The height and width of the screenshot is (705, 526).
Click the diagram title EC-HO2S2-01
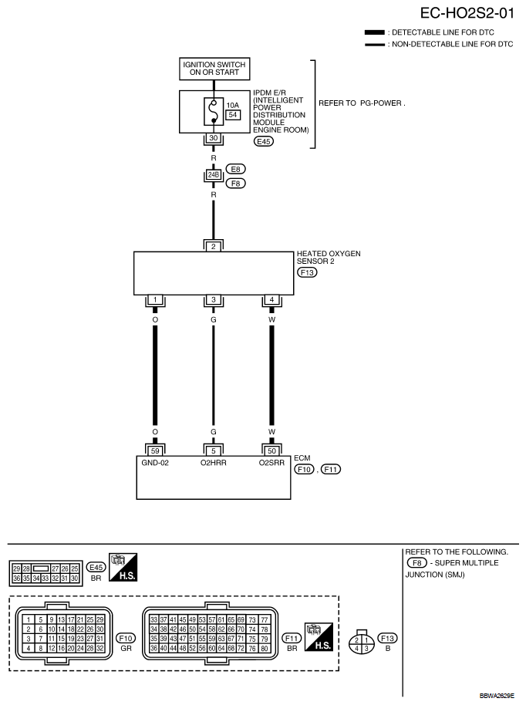click(x=467, y=13)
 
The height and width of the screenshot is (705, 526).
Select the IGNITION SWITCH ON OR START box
click(x=214, y=69)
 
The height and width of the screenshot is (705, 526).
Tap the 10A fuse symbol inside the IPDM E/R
click(x=214, y=110)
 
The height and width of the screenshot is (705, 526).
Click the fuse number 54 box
click(x=233, y=115)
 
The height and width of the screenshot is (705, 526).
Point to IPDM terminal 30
click(x=214, y=139)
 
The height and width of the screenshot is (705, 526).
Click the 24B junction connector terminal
click(x=214, y=174)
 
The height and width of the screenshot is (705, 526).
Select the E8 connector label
click(x=235, y=169)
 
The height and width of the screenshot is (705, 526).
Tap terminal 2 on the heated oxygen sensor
click(x=214, y=246)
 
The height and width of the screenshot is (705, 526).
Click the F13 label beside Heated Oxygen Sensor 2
click(x=307, y=272)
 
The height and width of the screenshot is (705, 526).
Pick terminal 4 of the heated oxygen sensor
click(x=271, y=299)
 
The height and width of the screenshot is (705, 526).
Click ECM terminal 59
click(x=155, y=451)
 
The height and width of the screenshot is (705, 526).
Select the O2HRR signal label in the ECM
click(x=214, y=463)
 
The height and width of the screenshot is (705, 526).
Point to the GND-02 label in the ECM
click(x=155, y=463)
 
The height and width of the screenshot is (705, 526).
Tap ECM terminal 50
click(x=271, y=451)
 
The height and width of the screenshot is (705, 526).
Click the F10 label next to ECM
click(x=305, y=470)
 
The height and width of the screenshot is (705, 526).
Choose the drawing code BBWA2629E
click(x=497, y=696)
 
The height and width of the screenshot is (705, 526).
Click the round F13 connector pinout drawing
click(x=362, y=642)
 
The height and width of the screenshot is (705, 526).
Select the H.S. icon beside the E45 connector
click(x=123, y=567)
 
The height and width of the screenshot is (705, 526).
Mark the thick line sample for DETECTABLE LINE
click(x=375, y=32)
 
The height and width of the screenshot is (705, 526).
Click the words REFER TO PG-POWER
click(x=362, y=103)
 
